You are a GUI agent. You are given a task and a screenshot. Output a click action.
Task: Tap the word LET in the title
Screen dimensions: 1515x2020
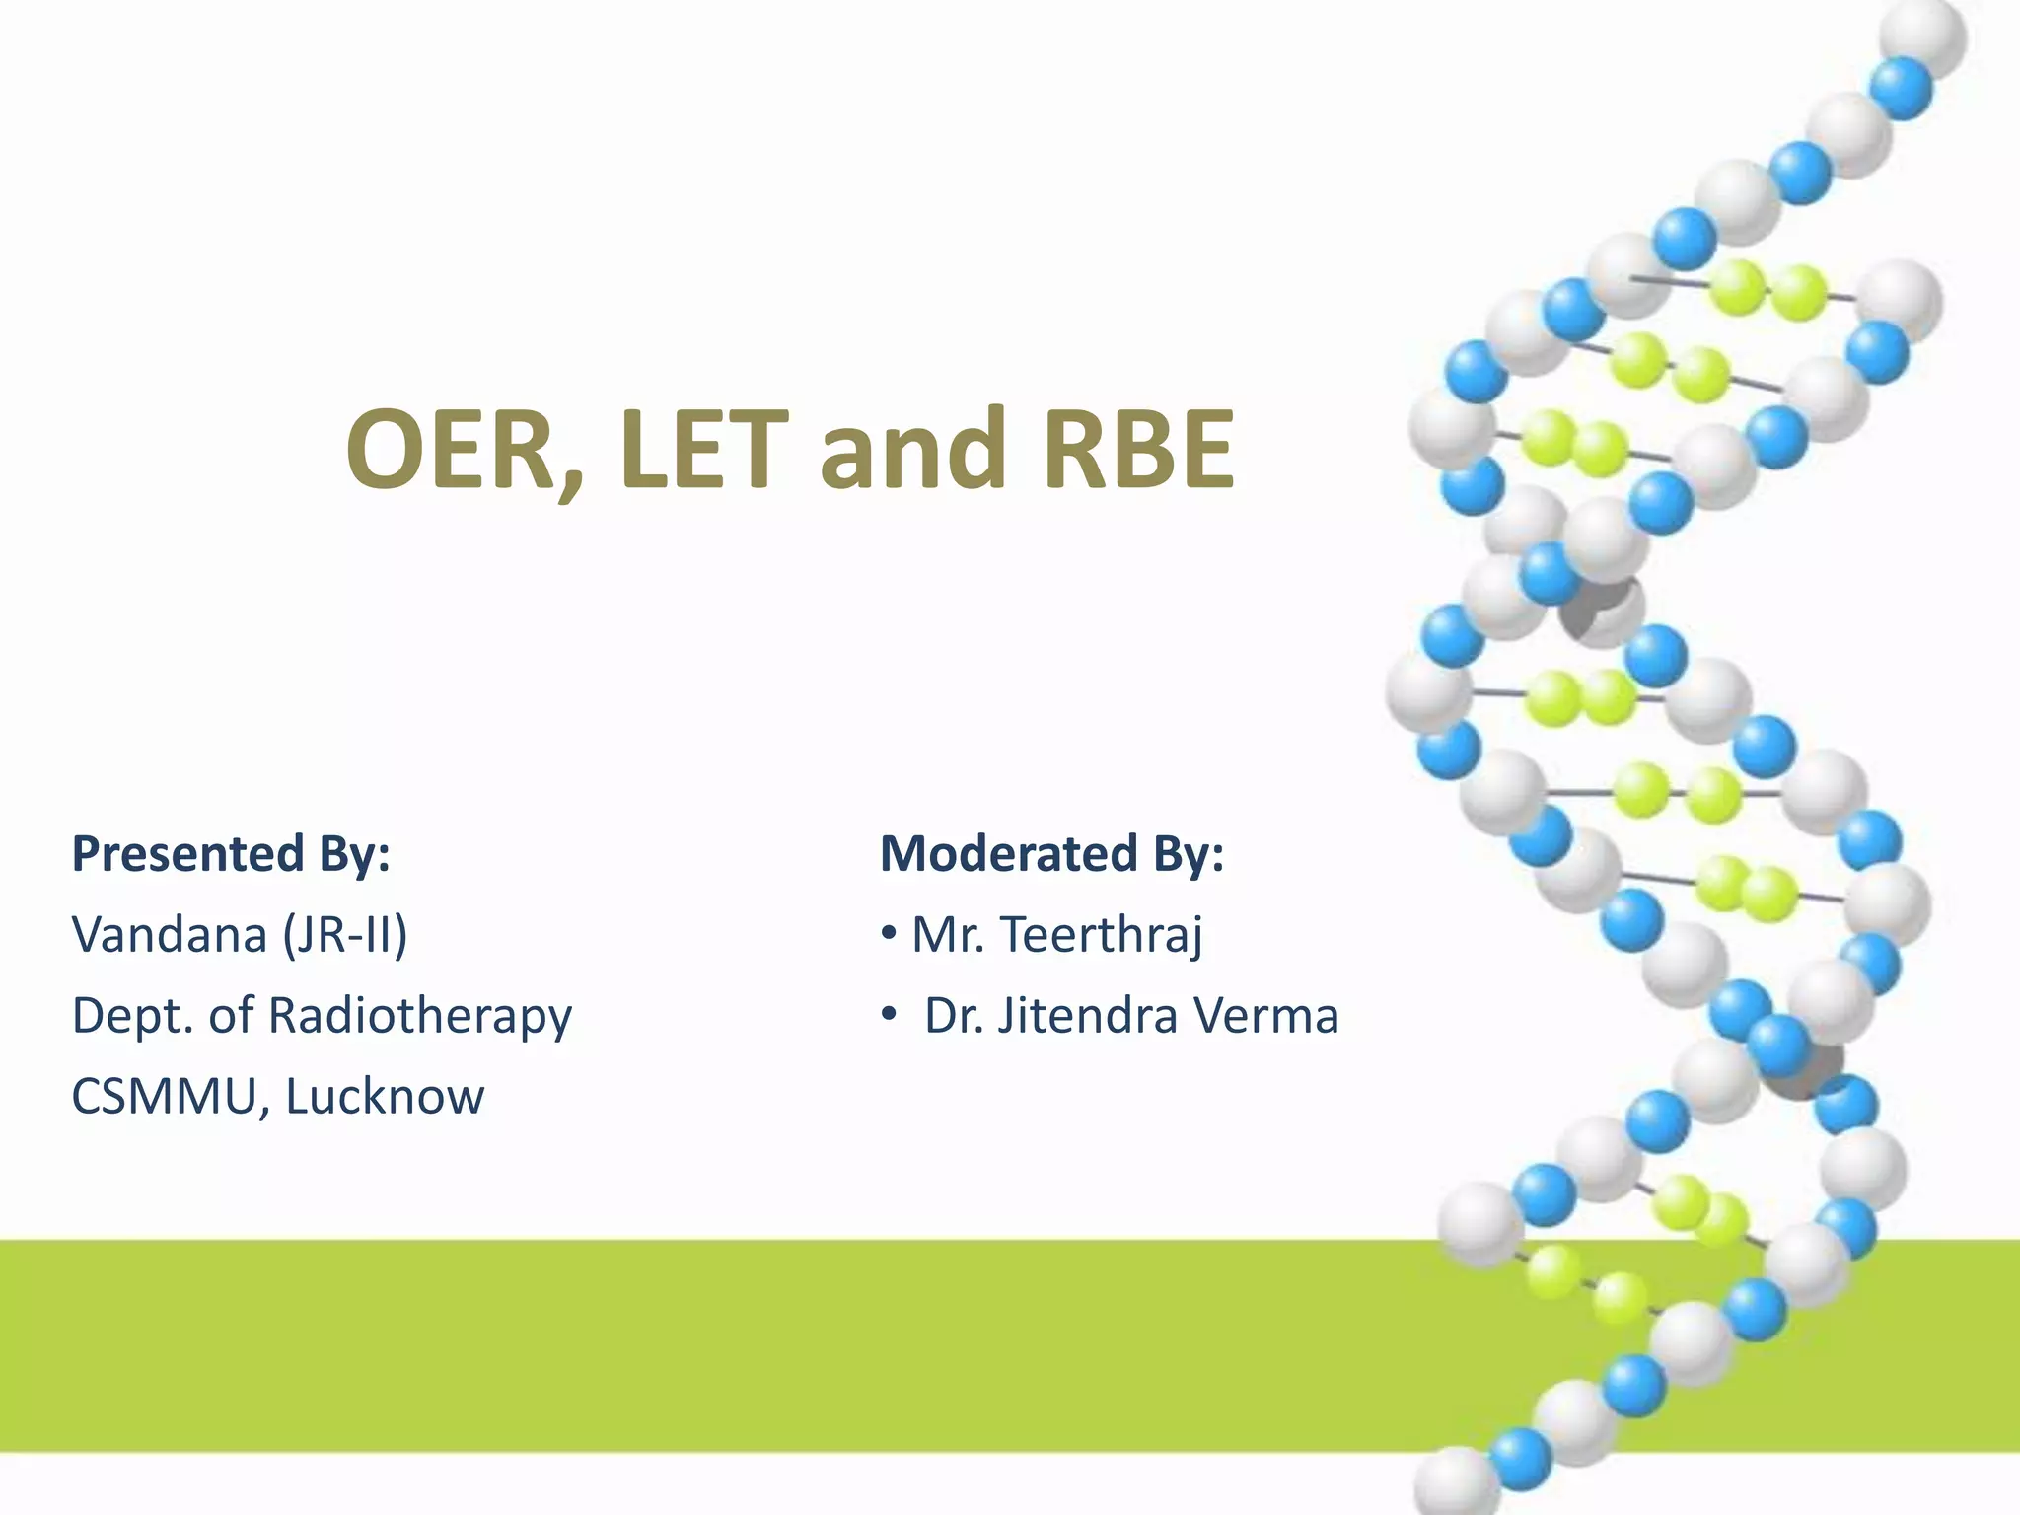tap(704, 450)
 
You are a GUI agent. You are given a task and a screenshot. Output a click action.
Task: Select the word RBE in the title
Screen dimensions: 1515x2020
tap(1138, 450)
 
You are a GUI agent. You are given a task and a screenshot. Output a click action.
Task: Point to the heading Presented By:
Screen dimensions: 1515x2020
tap(231, 854)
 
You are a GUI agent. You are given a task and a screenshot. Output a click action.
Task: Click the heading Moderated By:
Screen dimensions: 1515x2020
tap(1051, 854)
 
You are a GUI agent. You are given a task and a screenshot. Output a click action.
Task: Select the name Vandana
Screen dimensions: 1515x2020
tap(170, 935)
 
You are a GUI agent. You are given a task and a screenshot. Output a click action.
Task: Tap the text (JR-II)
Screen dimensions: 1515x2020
tap(345, 935)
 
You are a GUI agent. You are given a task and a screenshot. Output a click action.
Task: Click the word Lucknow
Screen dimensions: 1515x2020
tap(386, 1097)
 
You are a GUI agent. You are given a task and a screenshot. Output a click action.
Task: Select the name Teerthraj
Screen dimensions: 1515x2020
tap(1102, 935)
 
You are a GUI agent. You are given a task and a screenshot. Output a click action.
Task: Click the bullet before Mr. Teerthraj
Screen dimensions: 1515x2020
tap(889, 933)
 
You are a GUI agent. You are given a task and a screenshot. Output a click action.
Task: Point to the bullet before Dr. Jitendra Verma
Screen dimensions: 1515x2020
tap(889, 1014)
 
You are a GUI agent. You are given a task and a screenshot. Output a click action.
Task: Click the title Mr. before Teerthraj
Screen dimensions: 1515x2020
tap(948, 935)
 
